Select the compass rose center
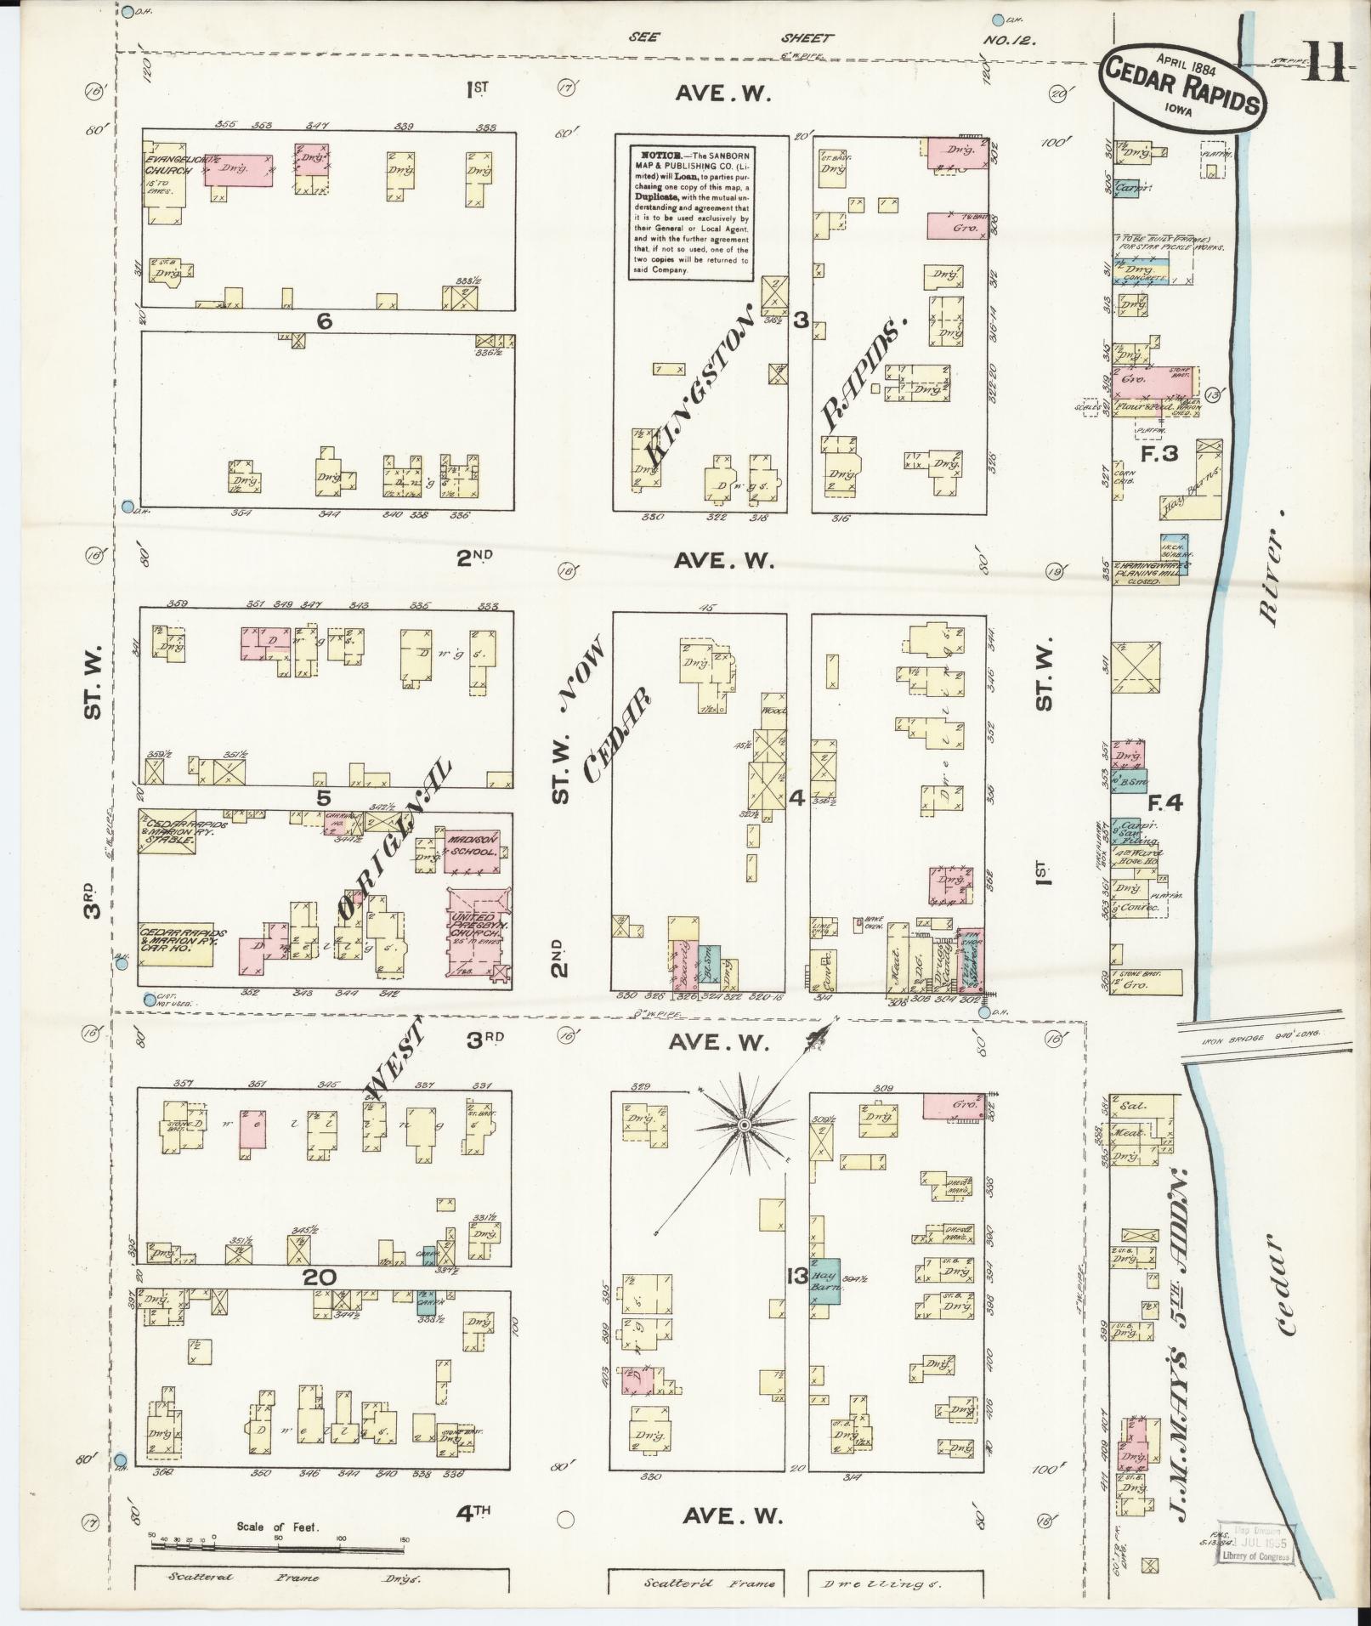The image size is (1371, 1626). [744, 1125]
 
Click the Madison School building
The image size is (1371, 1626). [472, 847]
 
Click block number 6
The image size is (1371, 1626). [323, 321]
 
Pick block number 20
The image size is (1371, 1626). [323, 1278]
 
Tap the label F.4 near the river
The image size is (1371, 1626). [1165, 802]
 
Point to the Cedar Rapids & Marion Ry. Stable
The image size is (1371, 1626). [167, 831]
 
